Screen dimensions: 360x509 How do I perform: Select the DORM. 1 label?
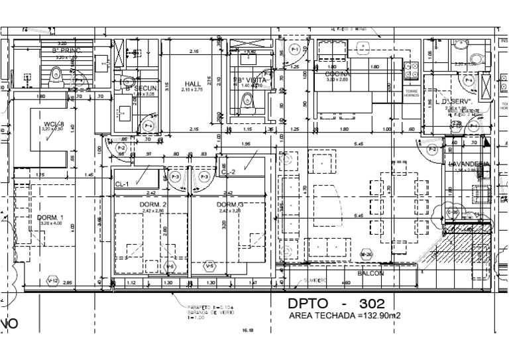point(33,218)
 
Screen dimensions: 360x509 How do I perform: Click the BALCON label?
point(371,273)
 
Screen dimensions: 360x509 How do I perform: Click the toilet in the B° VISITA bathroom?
point(247,101)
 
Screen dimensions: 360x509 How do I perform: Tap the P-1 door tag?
point(296,48)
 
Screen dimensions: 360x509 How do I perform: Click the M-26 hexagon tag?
point(366,255)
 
